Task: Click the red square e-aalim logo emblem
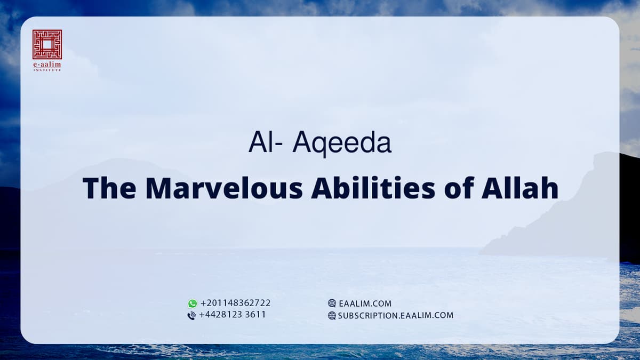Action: [47, 44]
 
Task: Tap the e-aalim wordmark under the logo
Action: [47, 65]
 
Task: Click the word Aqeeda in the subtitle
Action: [342, 144]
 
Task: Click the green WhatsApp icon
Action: [193, 303]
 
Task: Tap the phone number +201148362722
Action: [235, 303]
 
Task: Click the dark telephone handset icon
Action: [192, 315]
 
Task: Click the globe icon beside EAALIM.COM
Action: [332, 303]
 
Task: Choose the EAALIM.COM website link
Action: [365, 303]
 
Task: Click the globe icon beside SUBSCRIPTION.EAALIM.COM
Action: [332, 315]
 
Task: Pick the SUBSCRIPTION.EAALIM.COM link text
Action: [395, 315]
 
